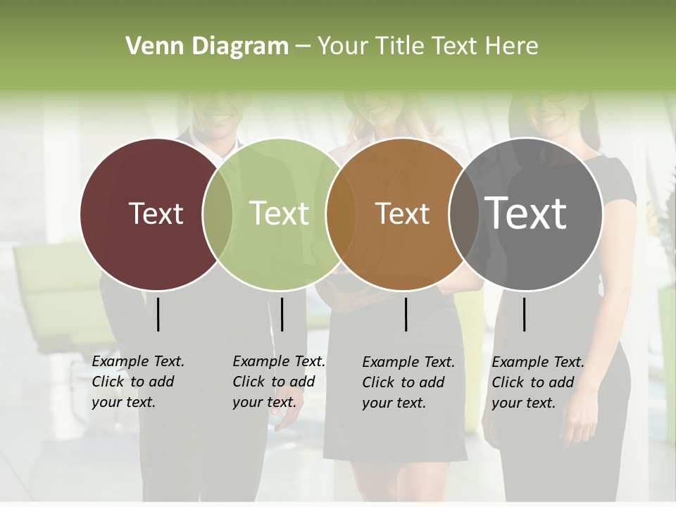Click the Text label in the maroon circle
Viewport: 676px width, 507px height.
156,213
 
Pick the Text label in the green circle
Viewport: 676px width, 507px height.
279,213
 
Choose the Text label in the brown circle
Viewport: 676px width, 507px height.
402,213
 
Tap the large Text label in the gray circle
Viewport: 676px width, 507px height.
526,213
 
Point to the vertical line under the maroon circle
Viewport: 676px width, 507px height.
158,314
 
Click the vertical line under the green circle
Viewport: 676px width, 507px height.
282,314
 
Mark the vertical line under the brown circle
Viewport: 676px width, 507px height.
406,314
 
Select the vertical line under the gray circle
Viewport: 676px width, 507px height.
525,314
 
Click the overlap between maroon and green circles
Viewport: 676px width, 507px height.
218,213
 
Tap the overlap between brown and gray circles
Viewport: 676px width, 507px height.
464,213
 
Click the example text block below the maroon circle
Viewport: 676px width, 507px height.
138,382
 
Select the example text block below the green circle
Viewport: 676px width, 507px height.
279,382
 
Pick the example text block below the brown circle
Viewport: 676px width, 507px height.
408,382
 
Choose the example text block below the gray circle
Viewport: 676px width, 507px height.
538,382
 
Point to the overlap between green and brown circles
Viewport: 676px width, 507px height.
341,213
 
